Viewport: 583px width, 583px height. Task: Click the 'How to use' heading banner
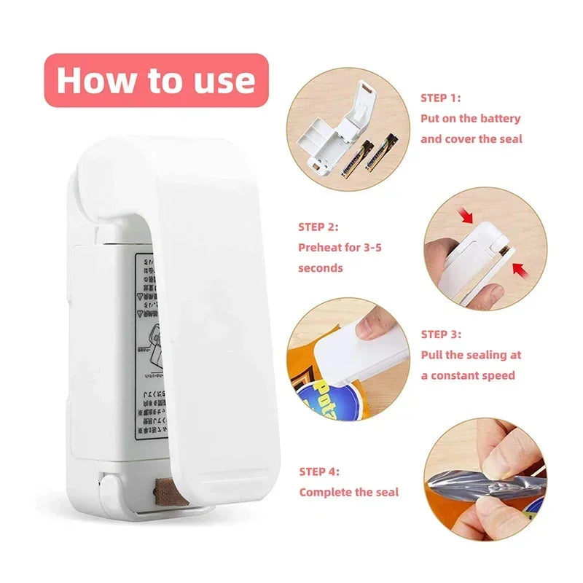(156, 80)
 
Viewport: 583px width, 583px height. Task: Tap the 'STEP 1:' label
(440, 97)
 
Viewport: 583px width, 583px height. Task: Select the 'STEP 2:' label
(318, 227)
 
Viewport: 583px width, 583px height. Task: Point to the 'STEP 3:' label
(441, 334)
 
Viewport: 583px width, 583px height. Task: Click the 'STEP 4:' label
(318, 472)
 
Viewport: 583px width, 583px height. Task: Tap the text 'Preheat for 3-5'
(340, 247)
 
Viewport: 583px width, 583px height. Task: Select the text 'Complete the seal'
(349, 492)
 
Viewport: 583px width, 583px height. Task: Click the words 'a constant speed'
(468, 375)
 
